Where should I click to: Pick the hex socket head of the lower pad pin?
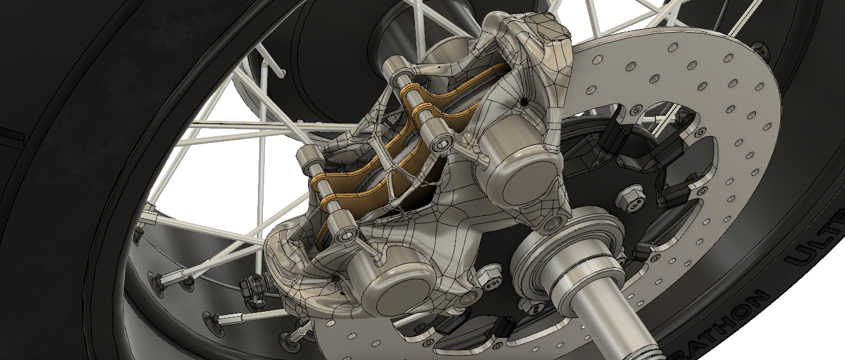pyautogui.click(x=346, y=234)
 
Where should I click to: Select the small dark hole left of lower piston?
pyautogui.click(x=337, y=280)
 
